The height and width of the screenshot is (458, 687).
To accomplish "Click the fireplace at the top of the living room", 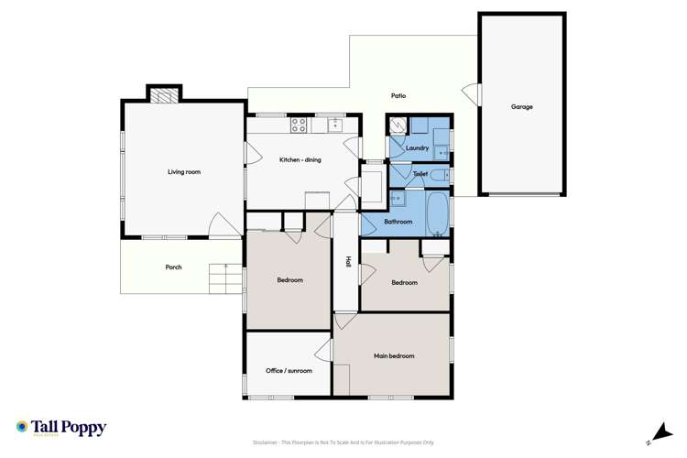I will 163,93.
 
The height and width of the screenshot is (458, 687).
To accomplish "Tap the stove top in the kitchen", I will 299,124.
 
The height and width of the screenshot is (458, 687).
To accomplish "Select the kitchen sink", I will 334,123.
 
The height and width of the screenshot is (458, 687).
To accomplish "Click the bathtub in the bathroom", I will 438,213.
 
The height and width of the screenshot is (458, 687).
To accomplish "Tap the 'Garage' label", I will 521,107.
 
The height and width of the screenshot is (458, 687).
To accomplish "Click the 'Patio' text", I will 398,95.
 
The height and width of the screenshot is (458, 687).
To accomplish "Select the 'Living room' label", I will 183,171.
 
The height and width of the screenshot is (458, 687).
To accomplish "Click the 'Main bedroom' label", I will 394,355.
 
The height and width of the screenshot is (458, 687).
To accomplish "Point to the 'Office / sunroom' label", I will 289,371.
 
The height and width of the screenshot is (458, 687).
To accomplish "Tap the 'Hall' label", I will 348,261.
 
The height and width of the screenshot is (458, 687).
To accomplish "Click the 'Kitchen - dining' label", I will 300,160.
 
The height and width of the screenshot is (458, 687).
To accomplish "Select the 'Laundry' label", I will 417,147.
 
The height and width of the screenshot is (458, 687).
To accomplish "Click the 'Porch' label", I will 173,267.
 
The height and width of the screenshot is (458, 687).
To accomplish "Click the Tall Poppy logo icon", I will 22,427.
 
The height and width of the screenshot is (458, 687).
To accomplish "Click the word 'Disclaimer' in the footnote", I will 267,442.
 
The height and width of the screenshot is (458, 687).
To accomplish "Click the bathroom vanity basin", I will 398,198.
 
